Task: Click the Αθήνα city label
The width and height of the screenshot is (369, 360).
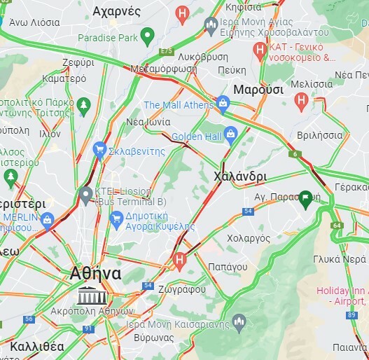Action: coord(96,273)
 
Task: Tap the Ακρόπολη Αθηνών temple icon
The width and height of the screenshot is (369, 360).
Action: coord(88,295)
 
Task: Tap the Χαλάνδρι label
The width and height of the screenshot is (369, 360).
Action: coord(239,176)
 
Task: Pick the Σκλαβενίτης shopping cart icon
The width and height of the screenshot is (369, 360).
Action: coord(99,148)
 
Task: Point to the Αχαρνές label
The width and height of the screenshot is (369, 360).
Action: coord(117,12)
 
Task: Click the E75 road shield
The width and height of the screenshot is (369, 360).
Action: coord(166,52)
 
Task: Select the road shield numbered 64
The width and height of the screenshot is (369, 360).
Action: coord(337,225)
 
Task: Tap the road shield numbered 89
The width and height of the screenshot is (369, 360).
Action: coord(350,315)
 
